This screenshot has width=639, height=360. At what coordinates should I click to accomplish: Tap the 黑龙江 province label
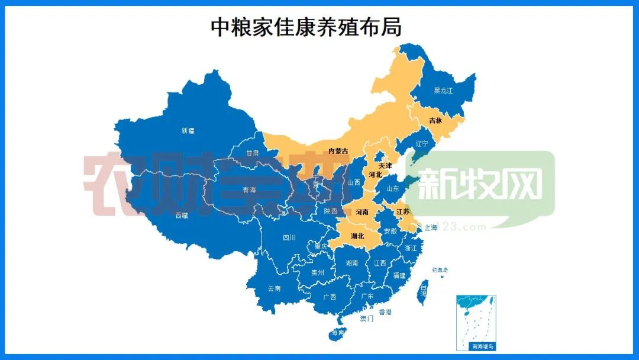pyautogui.click(x=443, y=91)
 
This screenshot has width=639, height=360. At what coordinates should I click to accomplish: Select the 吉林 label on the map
pyautogui.click(x=435, y=120)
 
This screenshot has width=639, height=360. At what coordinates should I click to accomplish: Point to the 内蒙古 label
pyautogui.click(x=338, y=151)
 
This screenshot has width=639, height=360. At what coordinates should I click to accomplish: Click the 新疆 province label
pyautogui.click(x=188, y=131)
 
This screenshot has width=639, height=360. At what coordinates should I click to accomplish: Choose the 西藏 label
pyautogui.click(x=182, y=216)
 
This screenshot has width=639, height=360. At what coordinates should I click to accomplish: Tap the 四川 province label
pyautogui.click(x=289, y=238)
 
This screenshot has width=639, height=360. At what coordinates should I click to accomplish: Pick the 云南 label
pyautogui.click(x=274, y=288)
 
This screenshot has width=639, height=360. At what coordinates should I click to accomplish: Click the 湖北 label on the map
pyautogui.click(x=357, y=236)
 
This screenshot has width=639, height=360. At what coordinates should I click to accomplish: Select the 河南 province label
pyautogui.click(x=362, y=211)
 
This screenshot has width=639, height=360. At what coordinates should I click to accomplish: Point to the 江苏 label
pyautogui.click(x=403, y=211)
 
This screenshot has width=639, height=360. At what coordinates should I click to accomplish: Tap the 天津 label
pyautogui.click(x=385, y=165)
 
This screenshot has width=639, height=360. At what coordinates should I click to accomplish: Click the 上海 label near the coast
pyautogui.click(x=431, y=227)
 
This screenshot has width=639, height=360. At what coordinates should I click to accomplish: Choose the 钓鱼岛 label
pyautogui.click(x=440, y=269)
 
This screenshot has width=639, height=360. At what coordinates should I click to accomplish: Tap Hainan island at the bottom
pyautogui.click(x=337, y=333)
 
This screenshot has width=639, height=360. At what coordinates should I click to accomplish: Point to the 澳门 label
pyautogui.click(x=367, y=319)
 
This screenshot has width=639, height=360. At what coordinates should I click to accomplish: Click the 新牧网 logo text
pyautogui.click(x=479, y=185)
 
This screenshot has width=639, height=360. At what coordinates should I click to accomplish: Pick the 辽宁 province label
pyautogui.click(x=421, y=144)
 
